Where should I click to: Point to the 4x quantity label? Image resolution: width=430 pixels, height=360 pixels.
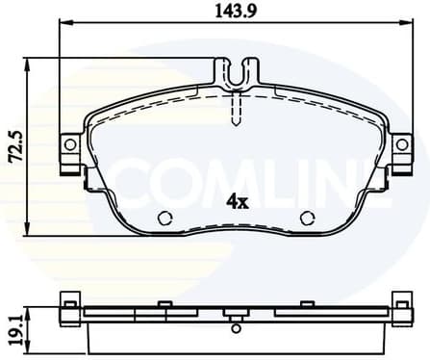(237, 202)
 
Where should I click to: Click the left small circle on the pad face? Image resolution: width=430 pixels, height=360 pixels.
(164, 217)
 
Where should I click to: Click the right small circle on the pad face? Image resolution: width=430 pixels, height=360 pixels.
(308, 217)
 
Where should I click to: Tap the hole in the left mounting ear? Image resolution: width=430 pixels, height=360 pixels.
(69, 144)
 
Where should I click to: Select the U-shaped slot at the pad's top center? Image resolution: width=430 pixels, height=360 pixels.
(236, 72)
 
